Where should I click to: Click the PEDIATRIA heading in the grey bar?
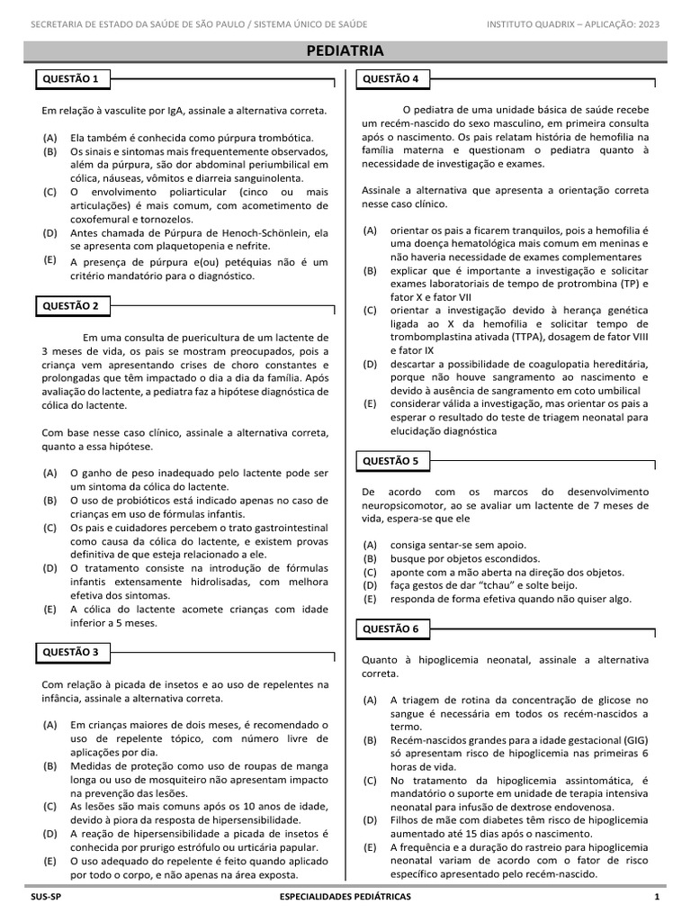click(345, 50)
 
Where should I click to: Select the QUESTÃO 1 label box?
click(71, 79)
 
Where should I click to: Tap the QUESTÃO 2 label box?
click(71, 306)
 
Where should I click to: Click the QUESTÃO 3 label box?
click(71, 651)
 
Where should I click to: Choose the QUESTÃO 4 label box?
click(390, 79)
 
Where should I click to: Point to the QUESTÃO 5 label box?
click(390, 461)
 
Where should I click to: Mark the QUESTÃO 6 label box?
click(390, 628)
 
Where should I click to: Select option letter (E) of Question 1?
click(49, 259)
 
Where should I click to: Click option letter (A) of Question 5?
click(370, 545)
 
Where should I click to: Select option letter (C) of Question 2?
click(49, 528)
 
